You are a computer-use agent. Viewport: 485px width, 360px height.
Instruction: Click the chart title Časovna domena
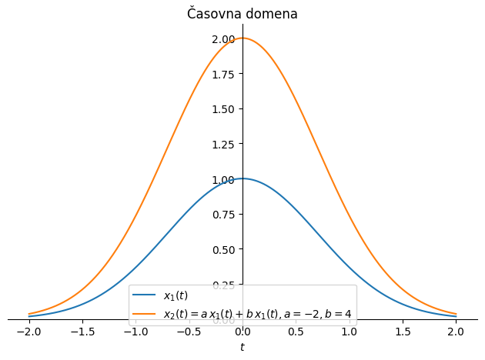(x=242, y=14)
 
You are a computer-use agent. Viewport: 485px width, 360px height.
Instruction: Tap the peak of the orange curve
(x=242, y=38)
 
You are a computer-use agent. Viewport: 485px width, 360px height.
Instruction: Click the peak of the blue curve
(x=242, y=178)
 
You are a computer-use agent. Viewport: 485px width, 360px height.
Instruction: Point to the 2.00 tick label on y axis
(x=223, y=39)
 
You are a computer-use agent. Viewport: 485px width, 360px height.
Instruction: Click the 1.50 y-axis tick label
(x=223, y=109)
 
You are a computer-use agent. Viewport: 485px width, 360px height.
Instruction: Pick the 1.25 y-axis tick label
(x=223, y=145)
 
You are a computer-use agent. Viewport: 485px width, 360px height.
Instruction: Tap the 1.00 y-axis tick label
(x=223, y=180)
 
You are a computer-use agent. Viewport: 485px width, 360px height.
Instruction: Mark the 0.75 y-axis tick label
(x=223, y=215)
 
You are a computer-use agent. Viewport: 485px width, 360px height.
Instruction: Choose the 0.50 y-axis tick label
(x=223, y=250)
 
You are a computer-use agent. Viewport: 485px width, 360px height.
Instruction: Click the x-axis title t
(x=242, y=348)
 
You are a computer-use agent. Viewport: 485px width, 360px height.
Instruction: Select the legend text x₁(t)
(x=176, y=295)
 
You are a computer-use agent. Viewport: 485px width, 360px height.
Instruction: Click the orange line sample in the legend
(x=145, y=313)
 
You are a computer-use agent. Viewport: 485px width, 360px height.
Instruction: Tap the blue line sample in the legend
(x=145, y=295)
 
